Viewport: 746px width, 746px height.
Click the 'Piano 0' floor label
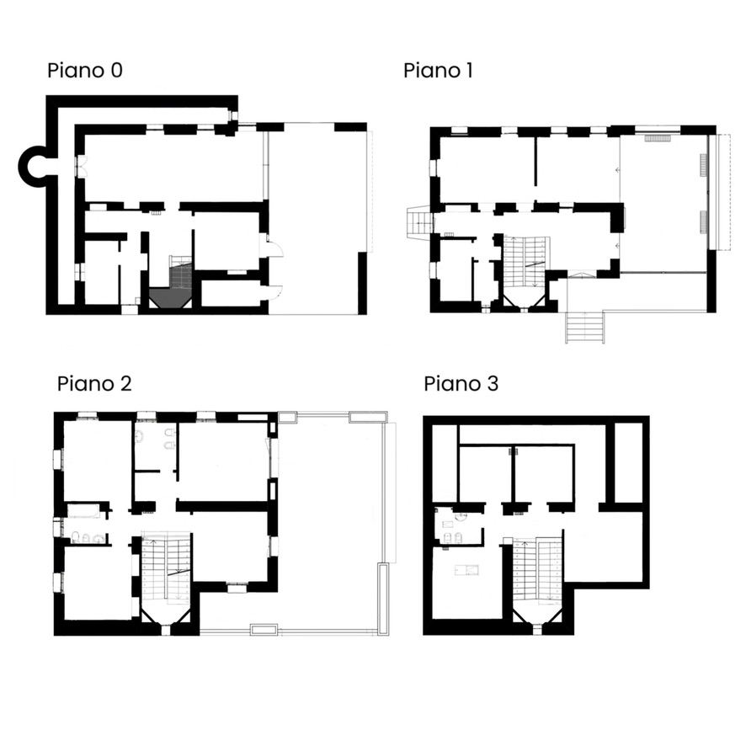click(x=84, y=70)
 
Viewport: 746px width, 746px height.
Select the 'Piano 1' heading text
click(x=437, y=70)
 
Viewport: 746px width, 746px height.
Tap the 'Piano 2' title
click(x=94, y=384)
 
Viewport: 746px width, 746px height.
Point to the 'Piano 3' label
click(x=461, y=384)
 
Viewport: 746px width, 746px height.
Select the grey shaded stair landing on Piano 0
click(x=171, y=296)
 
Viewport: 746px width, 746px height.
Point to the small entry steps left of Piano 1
click(x=418, y=224)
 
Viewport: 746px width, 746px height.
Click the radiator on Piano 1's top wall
click(x=658, y=136)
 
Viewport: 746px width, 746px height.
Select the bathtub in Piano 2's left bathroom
click(x=85, y=510)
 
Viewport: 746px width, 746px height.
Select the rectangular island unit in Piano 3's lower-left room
click(x=467, y=570)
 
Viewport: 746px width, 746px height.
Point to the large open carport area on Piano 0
click(x=318, y=219)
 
